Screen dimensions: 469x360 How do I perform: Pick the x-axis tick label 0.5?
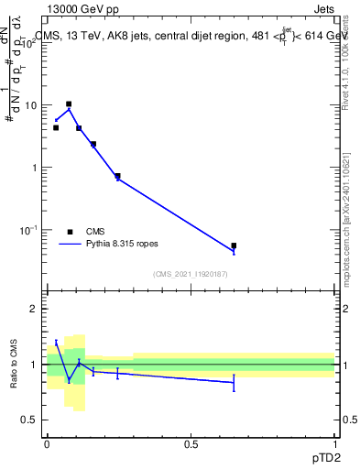click(x=191, y=444)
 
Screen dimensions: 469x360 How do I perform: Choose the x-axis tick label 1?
click(x=334, y=444)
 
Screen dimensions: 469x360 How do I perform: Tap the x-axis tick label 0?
click(x=47, y=444)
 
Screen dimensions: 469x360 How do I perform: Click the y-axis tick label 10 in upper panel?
click(x=33, y=105)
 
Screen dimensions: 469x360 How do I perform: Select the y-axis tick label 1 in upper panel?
click(x=36, y=168)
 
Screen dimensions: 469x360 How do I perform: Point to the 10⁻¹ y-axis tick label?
click(x=31, y=230)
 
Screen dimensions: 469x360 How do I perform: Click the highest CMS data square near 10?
click(x=69, y=104)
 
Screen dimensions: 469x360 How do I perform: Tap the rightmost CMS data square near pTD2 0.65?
click(x=234, y=245)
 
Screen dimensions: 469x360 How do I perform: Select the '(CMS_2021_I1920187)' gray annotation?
click(x=191, y=274)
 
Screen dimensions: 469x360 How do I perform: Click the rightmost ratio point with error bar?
click(x=234, y=382)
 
